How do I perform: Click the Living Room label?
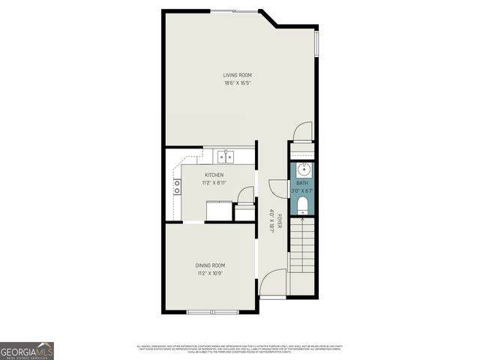tap(237, 75)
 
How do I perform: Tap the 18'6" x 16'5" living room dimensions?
tap(237, 82)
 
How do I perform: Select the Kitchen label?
tap(214, 175)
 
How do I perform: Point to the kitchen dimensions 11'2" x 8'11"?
tap(214, 183)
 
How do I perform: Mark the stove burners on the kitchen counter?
tap(177, 187)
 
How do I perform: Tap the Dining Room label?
tap(210, 265)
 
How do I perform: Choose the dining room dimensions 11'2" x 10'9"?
tap(210, 273)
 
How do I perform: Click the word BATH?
tap(301, 183)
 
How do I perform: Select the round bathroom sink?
tap(303, 168)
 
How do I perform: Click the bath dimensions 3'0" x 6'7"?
tap(303, 190)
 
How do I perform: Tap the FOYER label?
tap(278, 221)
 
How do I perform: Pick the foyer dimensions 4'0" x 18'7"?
tap(271, 220)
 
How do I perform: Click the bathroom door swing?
tap(278, 190)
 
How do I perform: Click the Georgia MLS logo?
tap(27, 350)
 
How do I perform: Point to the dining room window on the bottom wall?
tap(211, 311)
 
